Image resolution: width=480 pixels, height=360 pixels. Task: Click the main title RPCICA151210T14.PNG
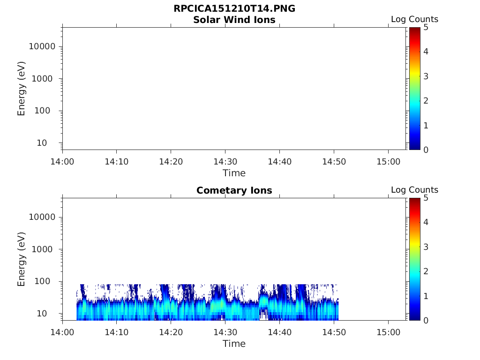234,9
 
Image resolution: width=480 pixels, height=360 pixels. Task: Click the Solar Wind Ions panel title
234,20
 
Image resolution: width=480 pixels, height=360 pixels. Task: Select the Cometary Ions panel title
234,190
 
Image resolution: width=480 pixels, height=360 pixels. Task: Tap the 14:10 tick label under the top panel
117,162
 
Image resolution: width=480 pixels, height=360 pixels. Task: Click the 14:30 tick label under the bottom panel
225,332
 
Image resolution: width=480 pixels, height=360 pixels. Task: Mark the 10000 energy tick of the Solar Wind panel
43,47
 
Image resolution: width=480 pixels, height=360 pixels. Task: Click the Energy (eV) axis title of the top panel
22,89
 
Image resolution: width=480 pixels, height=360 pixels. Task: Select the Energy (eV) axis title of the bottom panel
22,259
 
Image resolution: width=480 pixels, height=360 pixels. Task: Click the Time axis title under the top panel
234,173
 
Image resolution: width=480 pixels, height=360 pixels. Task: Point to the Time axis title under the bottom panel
234,344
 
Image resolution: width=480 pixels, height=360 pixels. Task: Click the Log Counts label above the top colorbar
414,20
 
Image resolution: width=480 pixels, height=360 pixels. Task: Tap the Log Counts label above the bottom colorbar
414,190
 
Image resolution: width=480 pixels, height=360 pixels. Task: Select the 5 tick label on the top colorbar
426,28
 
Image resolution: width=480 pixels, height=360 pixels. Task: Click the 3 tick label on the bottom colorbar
426,247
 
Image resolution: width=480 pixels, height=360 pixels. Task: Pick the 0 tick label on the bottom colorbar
426,321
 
